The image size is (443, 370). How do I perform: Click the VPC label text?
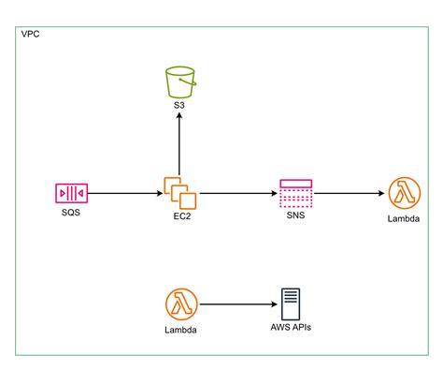point(30,35)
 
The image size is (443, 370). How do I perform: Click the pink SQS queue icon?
point(71,194)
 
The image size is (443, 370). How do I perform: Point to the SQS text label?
point(71,215)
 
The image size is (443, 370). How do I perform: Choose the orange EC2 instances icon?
point(180,193)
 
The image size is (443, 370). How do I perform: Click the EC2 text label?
point(180,215)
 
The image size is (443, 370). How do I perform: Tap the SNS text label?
point(295,215)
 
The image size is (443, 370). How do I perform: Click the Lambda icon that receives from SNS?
point(402,194)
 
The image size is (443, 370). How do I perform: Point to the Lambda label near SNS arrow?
point(402,220)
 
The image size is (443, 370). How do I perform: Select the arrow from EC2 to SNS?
point(237,194)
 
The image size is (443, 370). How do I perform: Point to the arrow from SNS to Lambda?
point(349,194)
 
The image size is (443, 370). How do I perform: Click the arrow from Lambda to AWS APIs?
point(237,303)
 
